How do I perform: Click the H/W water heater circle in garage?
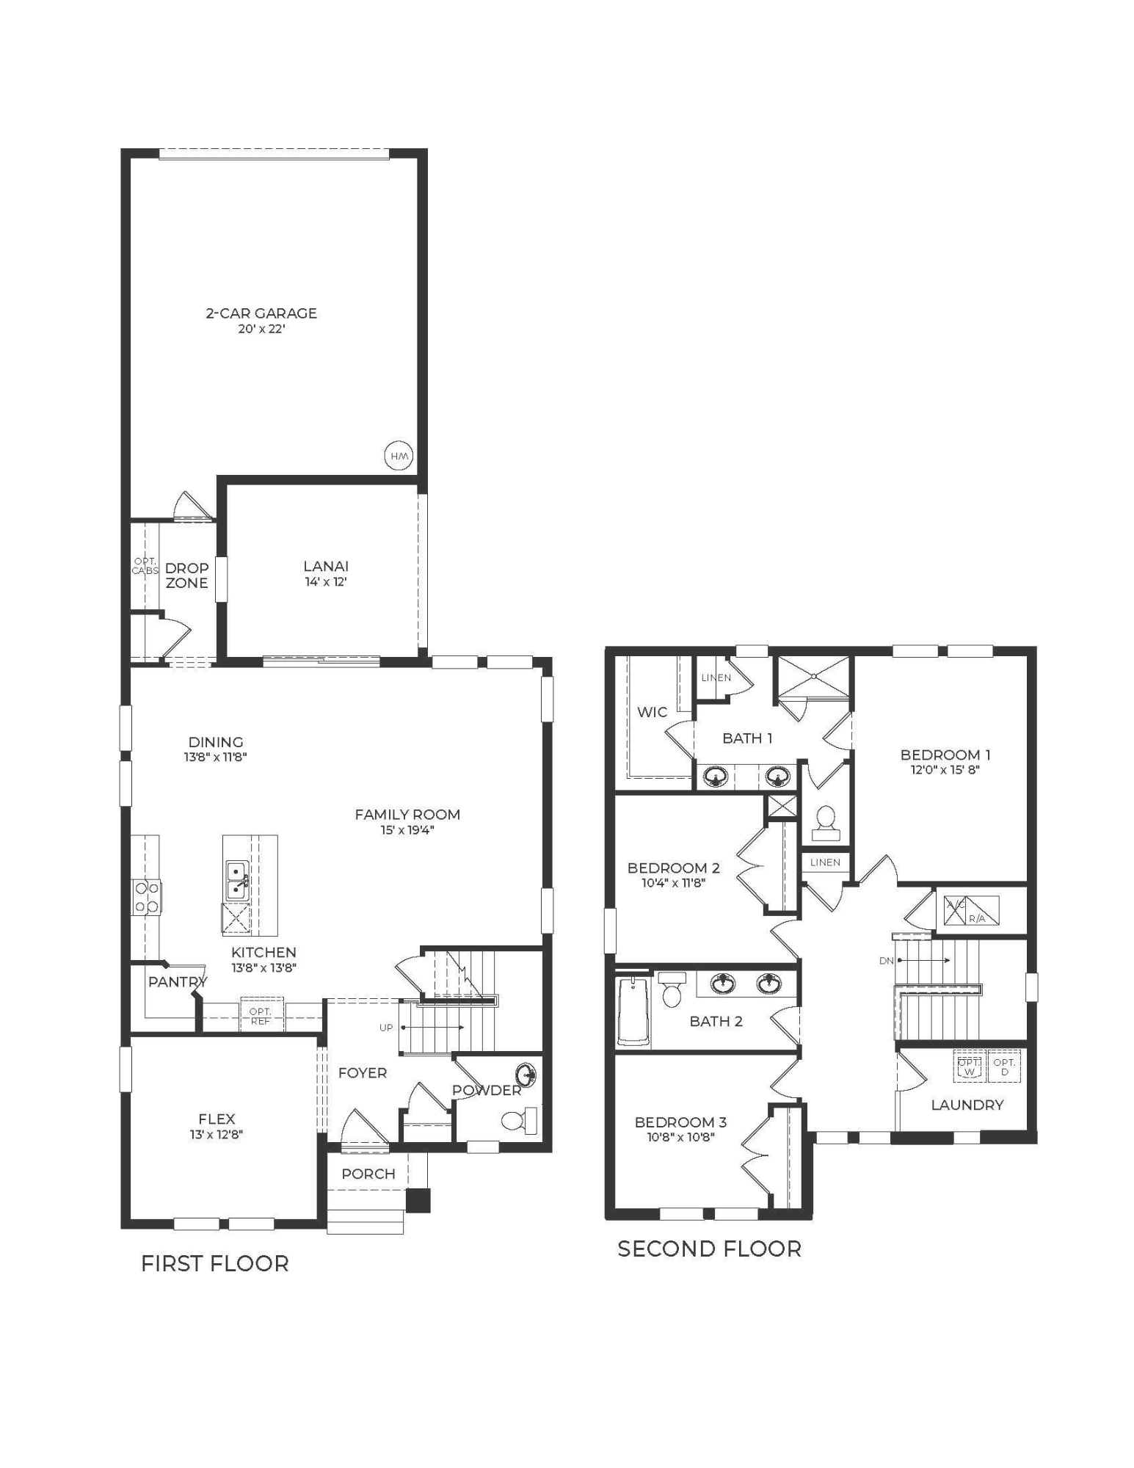399,456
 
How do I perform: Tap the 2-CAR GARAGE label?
261,313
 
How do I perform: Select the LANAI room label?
326,566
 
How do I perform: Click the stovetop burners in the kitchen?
146,897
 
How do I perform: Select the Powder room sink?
526,1075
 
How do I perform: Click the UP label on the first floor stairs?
386,1028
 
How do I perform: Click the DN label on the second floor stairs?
885,960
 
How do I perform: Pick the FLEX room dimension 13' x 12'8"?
217,1134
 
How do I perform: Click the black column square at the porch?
418,1199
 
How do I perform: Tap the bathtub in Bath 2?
633,1011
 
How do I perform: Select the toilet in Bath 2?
671,990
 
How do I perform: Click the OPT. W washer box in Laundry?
969,1067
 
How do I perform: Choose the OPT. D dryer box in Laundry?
1005,1067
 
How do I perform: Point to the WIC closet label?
652,712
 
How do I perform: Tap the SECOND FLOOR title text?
709,1249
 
